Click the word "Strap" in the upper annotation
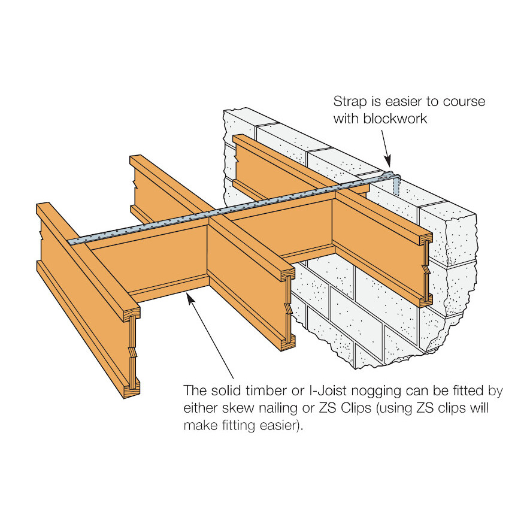pos(350,102)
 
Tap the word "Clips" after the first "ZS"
pos(356,408)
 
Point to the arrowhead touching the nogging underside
pos(190,298)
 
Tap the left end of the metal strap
pos(69,242)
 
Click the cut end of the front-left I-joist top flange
pos(132,314)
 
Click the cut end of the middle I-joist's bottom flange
pos(288,343)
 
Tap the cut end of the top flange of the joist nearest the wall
pos(426,238)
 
